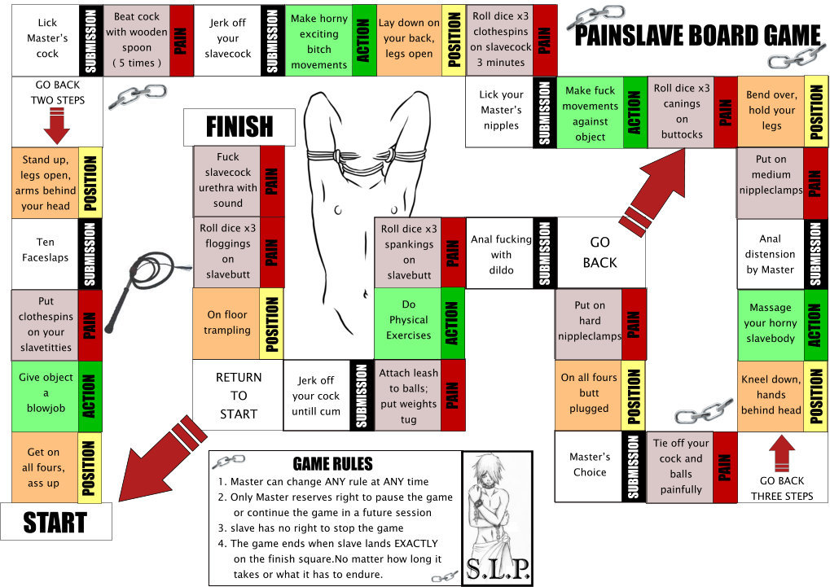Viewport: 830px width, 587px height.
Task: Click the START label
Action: point(55,523)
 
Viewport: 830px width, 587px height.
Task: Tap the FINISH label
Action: point(239,127)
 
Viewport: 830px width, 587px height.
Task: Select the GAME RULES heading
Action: point(332,464)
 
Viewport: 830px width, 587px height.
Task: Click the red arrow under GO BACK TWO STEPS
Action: point(57,126)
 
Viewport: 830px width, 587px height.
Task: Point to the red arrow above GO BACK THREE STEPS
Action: point(782,453)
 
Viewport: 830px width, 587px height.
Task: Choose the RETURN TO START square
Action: point(238,396)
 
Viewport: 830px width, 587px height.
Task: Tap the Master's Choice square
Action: point(589,466)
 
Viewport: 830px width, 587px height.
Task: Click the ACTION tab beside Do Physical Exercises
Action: point(453,323)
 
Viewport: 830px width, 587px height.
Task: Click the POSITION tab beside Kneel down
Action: point(815,396)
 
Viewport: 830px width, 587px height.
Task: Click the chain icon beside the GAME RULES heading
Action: point(229,461)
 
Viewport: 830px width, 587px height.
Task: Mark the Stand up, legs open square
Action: point(46,182)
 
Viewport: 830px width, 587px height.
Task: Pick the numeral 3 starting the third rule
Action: point(222,528)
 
